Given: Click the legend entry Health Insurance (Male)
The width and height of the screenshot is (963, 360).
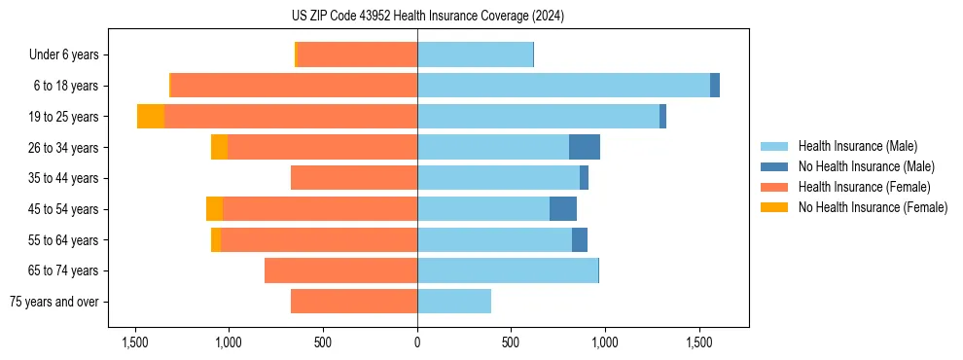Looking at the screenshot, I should tap(856, 146).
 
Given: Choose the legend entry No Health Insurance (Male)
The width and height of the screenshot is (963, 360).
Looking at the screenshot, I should tap(866, 166).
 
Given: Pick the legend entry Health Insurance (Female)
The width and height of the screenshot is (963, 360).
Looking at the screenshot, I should tap(864, 187).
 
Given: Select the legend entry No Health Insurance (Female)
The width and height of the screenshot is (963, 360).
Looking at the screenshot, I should tap(873, 207).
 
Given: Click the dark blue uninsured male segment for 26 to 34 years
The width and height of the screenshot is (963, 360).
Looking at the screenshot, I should tap(585, 147).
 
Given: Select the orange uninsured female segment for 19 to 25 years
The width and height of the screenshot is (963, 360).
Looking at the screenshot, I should tap(151, 117).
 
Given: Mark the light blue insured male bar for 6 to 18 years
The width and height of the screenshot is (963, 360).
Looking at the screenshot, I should tap(564, 86).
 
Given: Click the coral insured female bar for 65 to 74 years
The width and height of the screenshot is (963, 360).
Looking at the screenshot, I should tap(340, 270).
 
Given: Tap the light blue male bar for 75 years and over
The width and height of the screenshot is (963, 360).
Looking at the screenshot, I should tap(454, 302).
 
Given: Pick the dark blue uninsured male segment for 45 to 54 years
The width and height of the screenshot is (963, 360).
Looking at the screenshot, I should tap(563, 209).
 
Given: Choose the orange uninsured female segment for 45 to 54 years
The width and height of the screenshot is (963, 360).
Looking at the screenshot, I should tap(214, 209).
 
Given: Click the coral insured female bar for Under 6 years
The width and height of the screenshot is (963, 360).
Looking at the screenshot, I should tap(357, 55).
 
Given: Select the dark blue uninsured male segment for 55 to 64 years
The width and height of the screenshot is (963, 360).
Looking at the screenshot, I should tap(580, 239).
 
